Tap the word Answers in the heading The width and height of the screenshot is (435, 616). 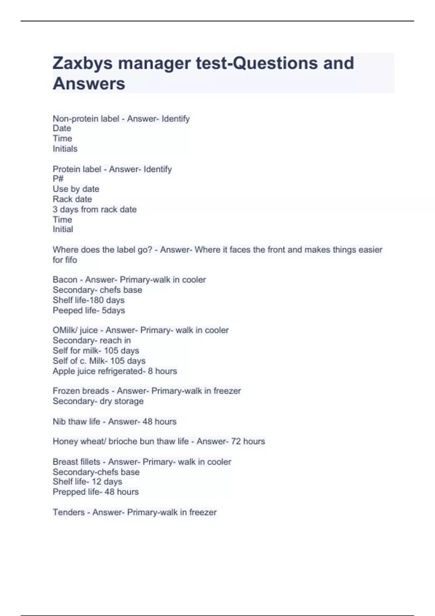click(x=89, y=84)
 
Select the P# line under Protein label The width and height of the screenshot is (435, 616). click(x=58, y=179)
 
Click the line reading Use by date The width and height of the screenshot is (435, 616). click(x=76, y=189)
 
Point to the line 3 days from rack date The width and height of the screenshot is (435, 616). click(x=95, y=209)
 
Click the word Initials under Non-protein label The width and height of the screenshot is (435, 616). click(x=65, y=149)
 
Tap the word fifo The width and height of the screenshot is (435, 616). click(x=70, y=260)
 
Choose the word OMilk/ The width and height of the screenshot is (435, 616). click(x=65, y=330)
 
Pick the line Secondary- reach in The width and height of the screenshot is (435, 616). click(x=92, y=341)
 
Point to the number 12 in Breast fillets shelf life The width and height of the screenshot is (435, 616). click(x=96, y=482)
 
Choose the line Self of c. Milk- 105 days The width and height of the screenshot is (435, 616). click(x=99, y=361)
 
